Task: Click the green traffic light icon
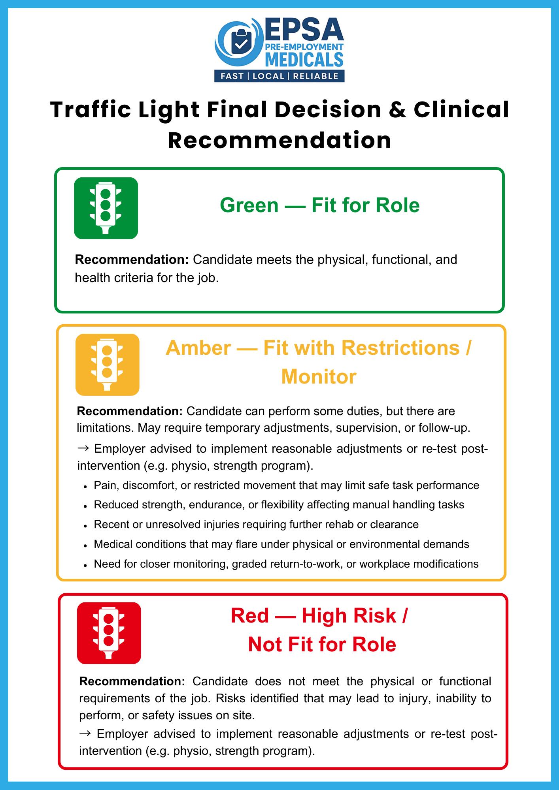(x=106, y=208)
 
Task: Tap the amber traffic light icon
(x=107, y=365)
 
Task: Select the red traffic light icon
(x=109, y=633)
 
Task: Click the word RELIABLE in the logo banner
(x=315, y=76)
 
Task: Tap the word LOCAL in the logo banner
(x=268, y=76)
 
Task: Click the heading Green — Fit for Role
(x=319, y=205)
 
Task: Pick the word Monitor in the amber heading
(x=319, y=376)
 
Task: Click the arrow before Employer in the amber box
(x=83, y=449)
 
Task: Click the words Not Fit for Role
(x=322, y=645)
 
